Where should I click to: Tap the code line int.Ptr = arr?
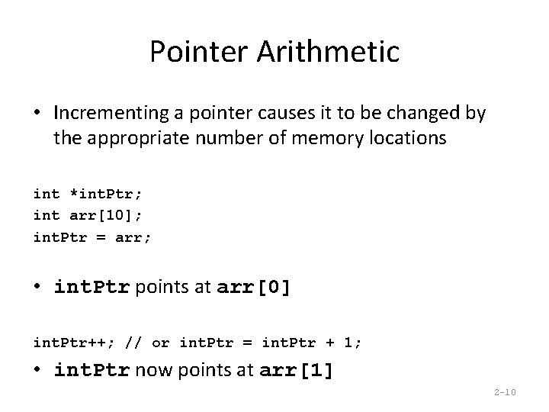coord(92,238)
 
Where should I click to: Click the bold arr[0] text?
coord(254,288)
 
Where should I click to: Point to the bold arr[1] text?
coord(297,371)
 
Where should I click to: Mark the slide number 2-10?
coord(505,393)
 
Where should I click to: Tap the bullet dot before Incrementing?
coord(38,114)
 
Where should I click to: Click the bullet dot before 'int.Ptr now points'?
coord(38,371)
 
